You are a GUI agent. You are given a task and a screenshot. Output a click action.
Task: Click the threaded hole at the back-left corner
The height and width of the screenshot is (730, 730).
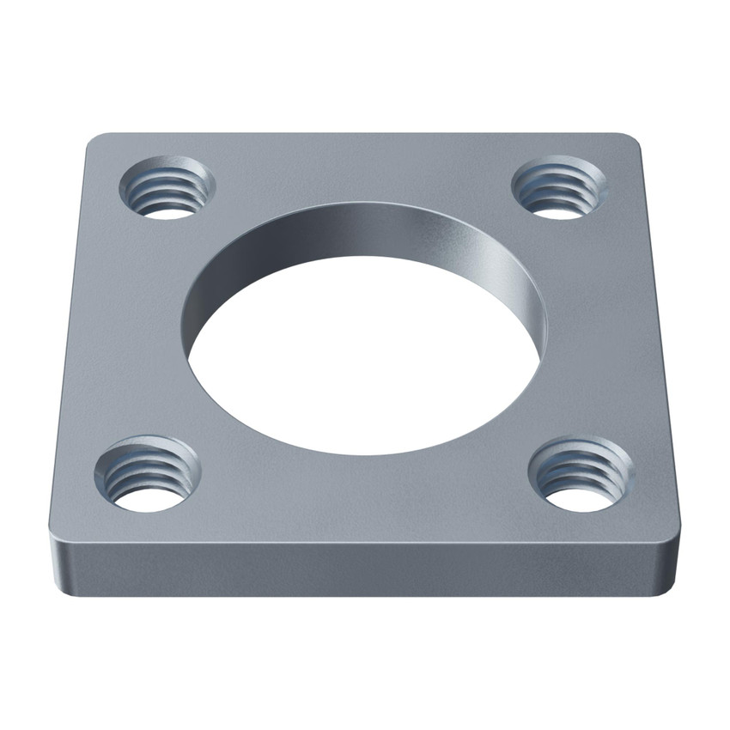(x=167, y=186)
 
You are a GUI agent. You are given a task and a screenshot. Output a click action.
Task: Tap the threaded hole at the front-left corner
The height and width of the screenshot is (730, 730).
(x=147, y=474)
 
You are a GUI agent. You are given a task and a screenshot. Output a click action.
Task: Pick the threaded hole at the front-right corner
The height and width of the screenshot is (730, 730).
(x=581, y=474)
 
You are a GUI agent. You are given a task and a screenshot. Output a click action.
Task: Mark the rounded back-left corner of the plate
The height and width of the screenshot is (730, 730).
(x=97, y=143)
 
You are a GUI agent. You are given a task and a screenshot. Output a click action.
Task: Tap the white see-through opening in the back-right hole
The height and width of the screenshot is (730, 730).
(x=558, y=209)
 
